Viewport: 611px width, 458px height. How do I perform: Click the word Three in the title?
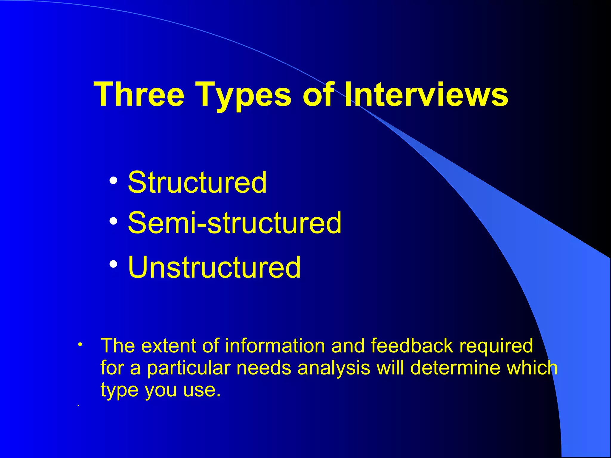pos(139,94)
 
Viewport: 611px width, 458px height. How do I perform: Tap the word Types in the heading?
pos(243,95)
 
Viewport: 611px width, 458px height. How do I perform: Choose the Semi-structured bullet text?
pos(234,223)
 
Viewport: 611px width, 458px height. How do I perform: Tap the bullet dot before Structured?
pos(113,180)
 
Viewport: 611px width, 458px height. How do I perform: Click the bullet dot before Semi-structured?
pos(113,221)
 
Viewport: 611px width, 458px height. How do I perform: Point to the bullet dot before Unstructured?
pos(113,264)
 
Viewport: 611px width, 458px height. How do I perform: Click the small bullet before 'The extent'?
pos(80,345)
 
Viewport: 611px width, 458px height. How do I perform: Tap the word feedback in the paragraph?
pos(412,346)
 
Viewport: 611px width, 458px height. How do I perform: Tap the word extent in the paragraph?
pos(169,346)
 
